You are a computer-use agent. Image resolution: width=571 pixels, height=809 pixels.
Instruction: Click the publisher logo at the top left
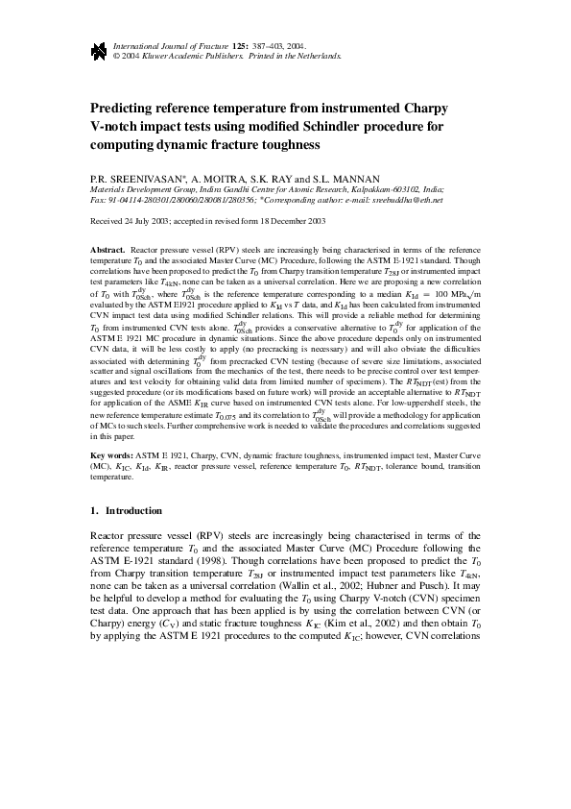(98, 51)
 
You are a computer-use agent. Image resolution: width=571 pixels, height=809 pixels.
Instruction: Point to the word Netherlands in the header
(318, 57)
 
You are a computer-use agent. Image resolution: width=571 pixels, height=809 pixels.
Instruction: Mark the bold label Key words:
(110, 453)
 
